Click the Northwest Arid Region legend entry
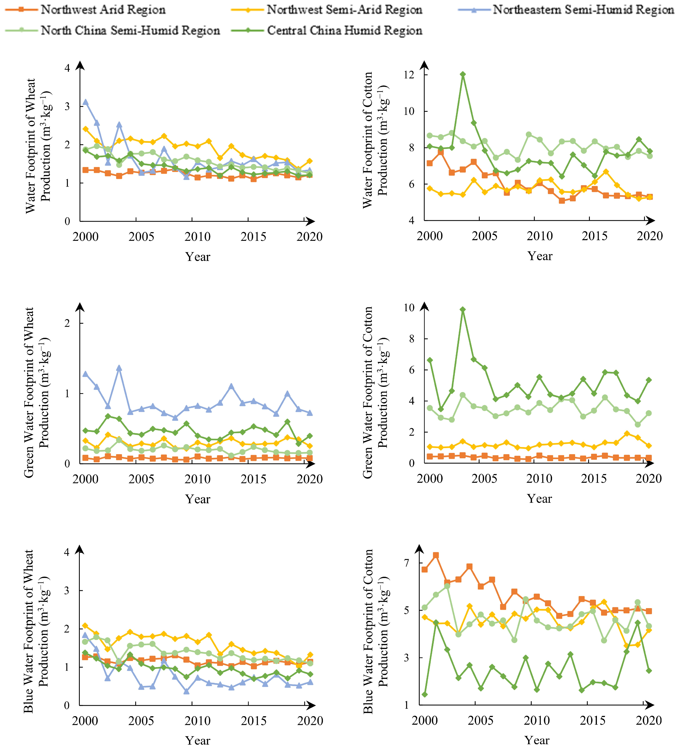click(x=85, y=10)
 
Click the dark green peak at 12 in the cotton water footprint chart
click(x=463, y=74)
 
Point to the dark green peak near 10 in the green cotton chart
click(x=463, y=310)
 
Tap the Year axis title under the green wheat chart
click(x=198, y=499)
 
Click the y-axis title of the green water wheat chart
click(x=36, y=392)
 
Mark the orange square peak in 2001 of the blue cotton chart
click(x=436, y=555)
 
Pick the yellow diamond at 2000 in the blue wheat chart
click(x=85, y=625)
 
